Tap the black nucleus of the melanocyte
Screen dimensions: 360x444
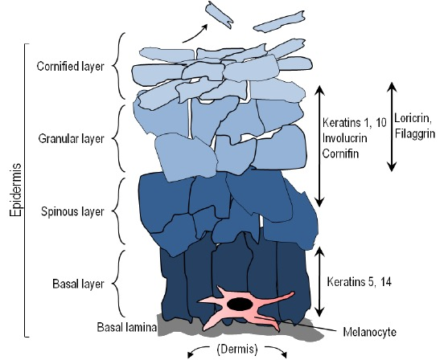[240, 304]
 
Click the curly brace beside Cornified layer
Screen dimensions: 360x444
[120, 65]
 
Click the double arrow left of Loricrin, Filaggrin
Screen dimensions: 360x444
[392, 125]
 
